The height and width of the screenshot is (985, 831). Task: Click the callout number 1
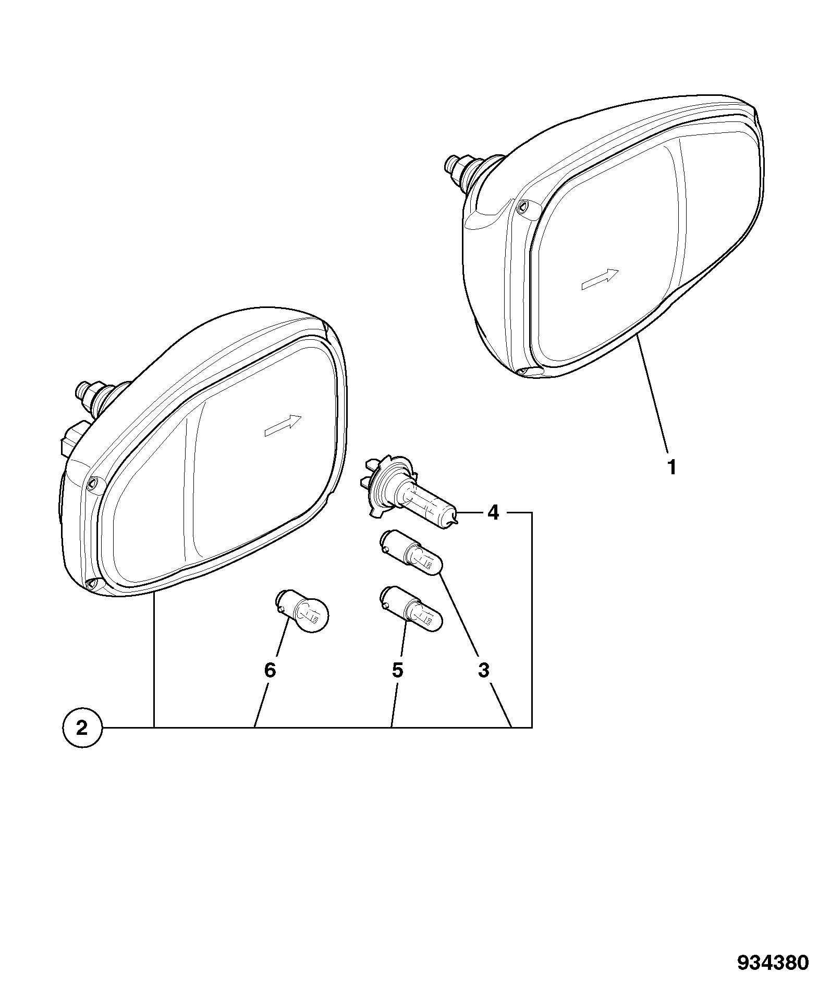point(672,467)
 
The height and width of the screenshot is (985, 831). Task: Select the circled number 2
point(82,728)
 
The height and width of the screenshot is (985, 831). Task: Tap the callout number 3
point(483,670)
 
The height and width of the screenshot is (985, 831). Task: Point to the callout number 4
point(493,513)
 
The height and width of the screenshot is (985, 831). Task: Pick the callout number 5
point(397,670)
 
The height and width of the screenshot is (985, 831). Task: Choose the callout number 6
point(269,670)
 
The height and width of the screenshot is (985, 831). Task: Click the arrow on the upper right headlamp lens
point(600,279)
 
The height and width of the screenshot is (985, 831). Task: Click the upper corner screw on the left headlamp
point(93,483)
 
